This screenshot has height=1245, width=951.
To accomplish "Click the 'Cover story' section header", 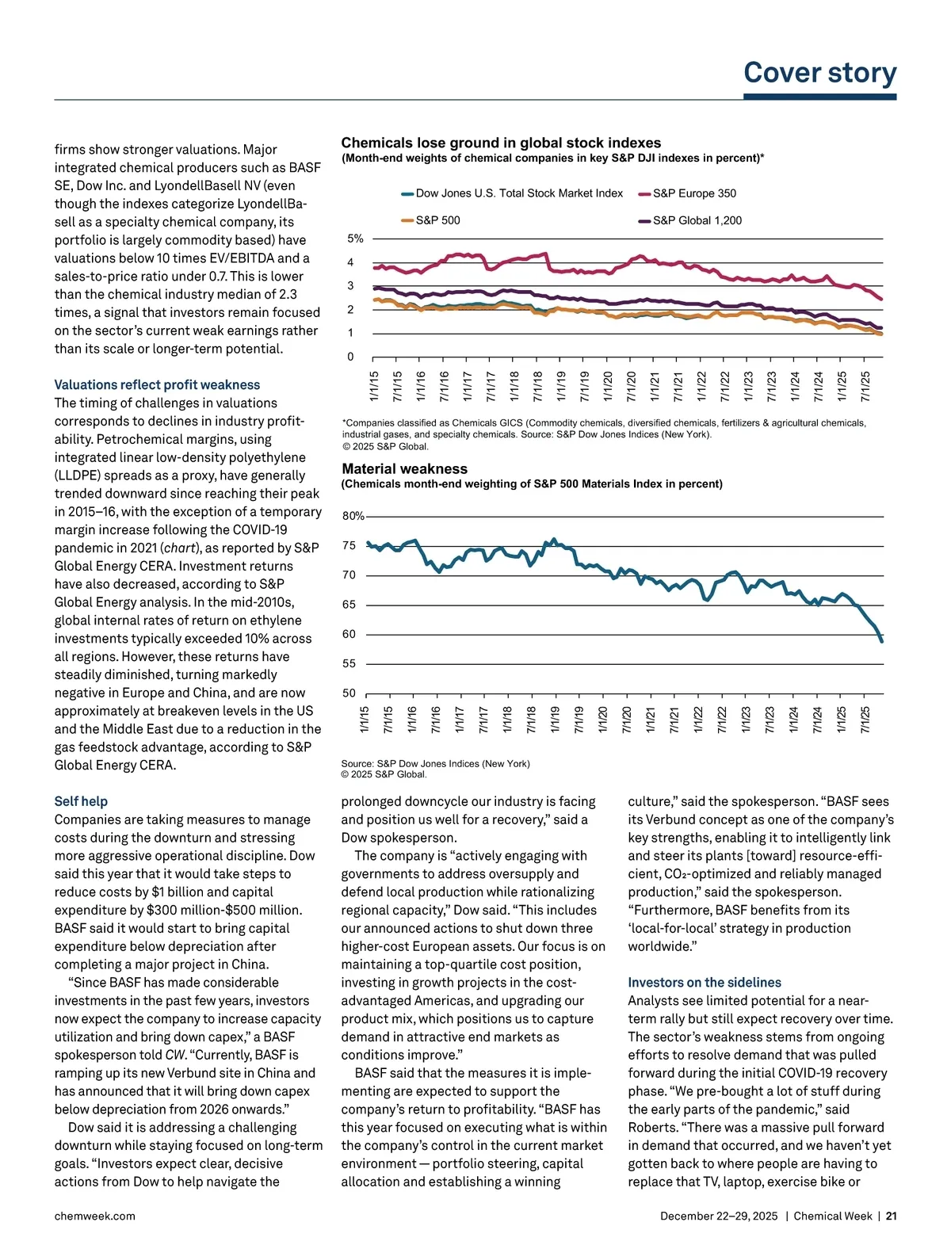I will (x=819, y=73).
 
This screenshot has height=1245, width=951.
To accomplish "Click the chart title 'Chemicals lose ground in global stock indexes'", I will (x=501, y=143).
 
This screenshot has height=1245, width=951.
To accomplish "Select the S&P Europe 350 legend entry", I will (x=694, y=193).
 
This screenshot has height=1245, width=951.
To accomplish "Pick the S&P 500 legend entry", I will (x=437, y=220).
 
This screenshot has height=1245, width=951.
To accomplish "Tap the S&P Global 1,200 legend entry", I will (x=697, y=220).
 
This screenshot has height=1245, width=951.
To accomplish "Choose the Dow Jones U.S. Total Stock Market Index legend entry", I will (x=519, y=193).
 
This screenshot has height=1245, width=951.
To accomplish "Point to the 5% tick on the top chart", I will (x=355, y=239).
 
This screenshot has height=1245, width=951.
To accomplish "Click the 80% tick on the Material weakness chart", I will (x=353, y=516).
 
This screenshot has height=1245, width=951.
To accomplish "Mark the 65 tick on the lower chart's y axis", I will (x=349, y=605).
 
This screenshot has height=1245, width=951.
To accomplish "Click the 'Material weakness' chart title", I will (x=405, y=469).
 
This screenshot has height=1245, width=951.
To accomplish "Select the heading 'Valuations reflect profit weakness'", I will (x=157, y=385).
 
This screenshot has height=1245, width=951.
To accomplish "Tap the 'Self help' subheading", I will (x=81, y=801).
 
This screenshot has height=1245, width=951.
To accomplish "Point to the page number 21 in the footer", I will (x=891, y=1216).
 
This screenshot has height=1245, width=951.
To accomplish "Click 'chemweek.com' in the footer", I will (x=94, y=1216).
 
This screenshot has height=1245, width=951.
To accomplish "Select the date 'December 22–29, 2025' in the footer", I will (x=719, y=1216).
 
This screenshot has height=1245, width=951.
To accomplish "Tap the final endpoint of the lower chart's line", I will (x=882, y=641).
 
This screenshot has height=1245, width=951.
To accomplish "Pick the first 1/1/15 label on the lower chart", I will (x=365, y=719).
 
